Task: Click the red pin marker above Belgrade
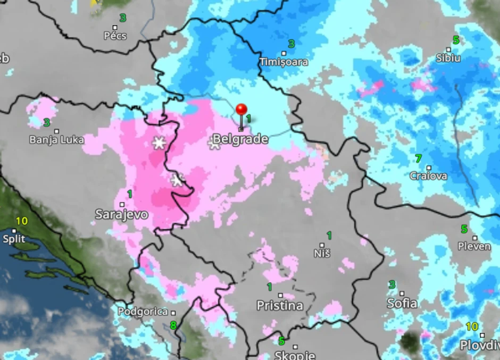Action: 241,110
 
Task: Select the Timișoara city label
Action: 284,62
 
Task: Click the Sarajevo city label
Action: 121,214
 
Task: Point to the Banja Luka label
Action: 57,140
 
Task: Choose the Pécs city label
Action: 115,36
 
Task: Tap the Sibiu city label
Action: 448,58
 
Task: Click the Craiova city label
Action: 428,175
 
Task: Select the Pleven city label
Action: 474,246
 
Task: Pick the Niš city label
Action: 322,253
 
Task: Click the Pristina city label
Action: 280,305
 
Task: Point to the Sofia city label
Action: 402,303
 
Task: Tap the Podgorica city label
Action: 143,312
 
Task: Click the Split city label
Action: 14,239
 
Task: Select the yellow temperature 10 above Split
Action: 21,221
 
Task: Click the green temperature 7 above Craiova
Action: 418,158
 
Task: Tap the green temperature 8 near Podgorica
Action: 173,325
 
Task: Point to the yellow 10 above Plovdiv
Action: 472,326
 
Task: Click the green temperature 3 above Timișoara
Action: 291,44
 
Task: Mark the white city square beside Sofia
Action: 402,294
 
